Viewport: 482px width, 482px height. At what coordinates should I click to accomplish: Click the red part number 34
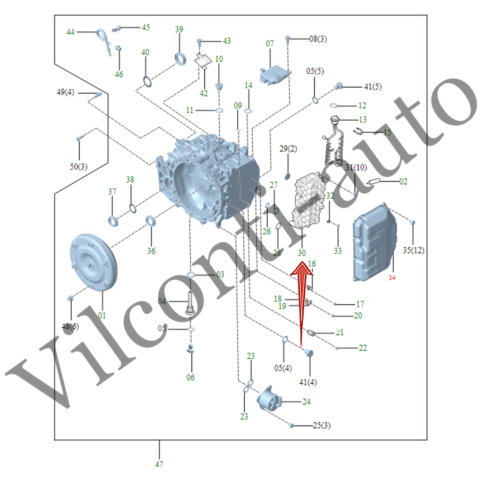click(392, 278)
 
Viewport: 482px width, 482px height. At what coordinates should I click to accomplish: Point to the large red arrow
click(302, 301)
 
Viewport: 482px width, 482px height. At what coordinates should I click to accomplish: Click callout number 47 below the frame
click(159, 464)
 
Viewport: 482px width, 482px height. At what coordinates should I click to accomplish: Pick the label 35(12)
click(413, 250)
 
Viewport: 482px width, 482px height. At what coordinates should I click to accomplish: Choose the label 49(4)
click(66, 92)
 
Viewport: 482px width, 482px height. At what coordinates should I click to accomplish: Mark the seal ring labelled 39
click(180, 58)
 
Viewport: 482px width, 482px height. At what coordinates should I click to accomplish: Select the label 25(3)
click(321, 425)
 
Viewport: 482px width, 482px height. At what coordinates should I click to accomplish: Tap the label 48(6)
click(70, 326)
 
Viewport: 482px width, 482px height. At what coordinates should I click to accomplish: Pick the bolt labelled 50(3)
click(80, 138)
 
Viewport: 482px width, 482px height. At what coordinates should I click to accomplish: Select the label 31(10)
click(356, 167)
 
